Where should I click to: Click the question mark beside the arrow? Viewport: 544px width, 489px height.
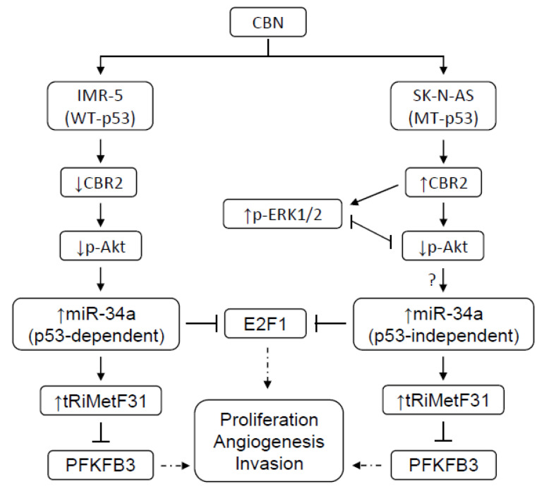428,279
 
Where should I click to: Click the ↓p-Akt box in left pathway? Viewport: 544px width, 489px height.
99,248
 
